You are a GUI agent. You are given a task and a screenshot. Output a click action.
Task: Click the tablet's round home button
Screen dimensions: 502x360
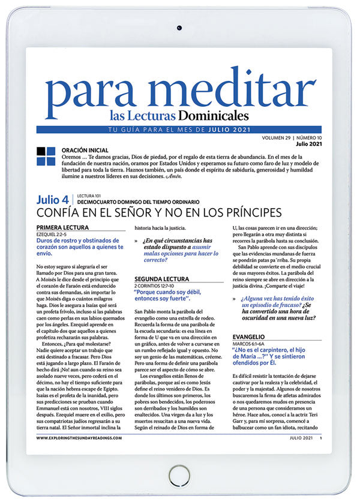179,471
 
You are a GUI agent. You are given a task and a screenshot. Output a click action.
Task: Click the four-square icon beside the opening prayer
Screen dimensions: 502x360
46,156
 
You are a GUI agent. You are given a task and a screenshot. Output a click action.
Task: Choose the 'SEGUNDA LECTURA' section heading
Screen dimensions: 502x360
161,279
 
